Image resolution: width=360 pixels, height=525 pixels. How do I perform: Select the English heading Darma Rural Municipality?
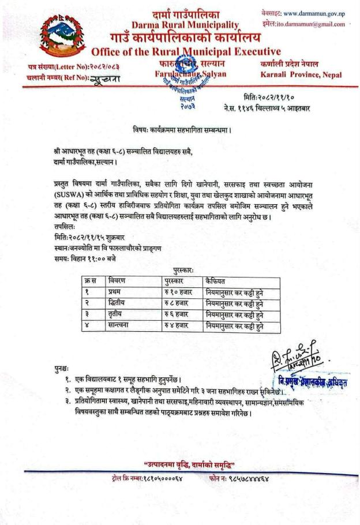pos(185,25)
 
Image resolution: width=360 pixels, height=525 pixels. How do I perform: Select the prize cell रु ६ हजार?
pos(177,315)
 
